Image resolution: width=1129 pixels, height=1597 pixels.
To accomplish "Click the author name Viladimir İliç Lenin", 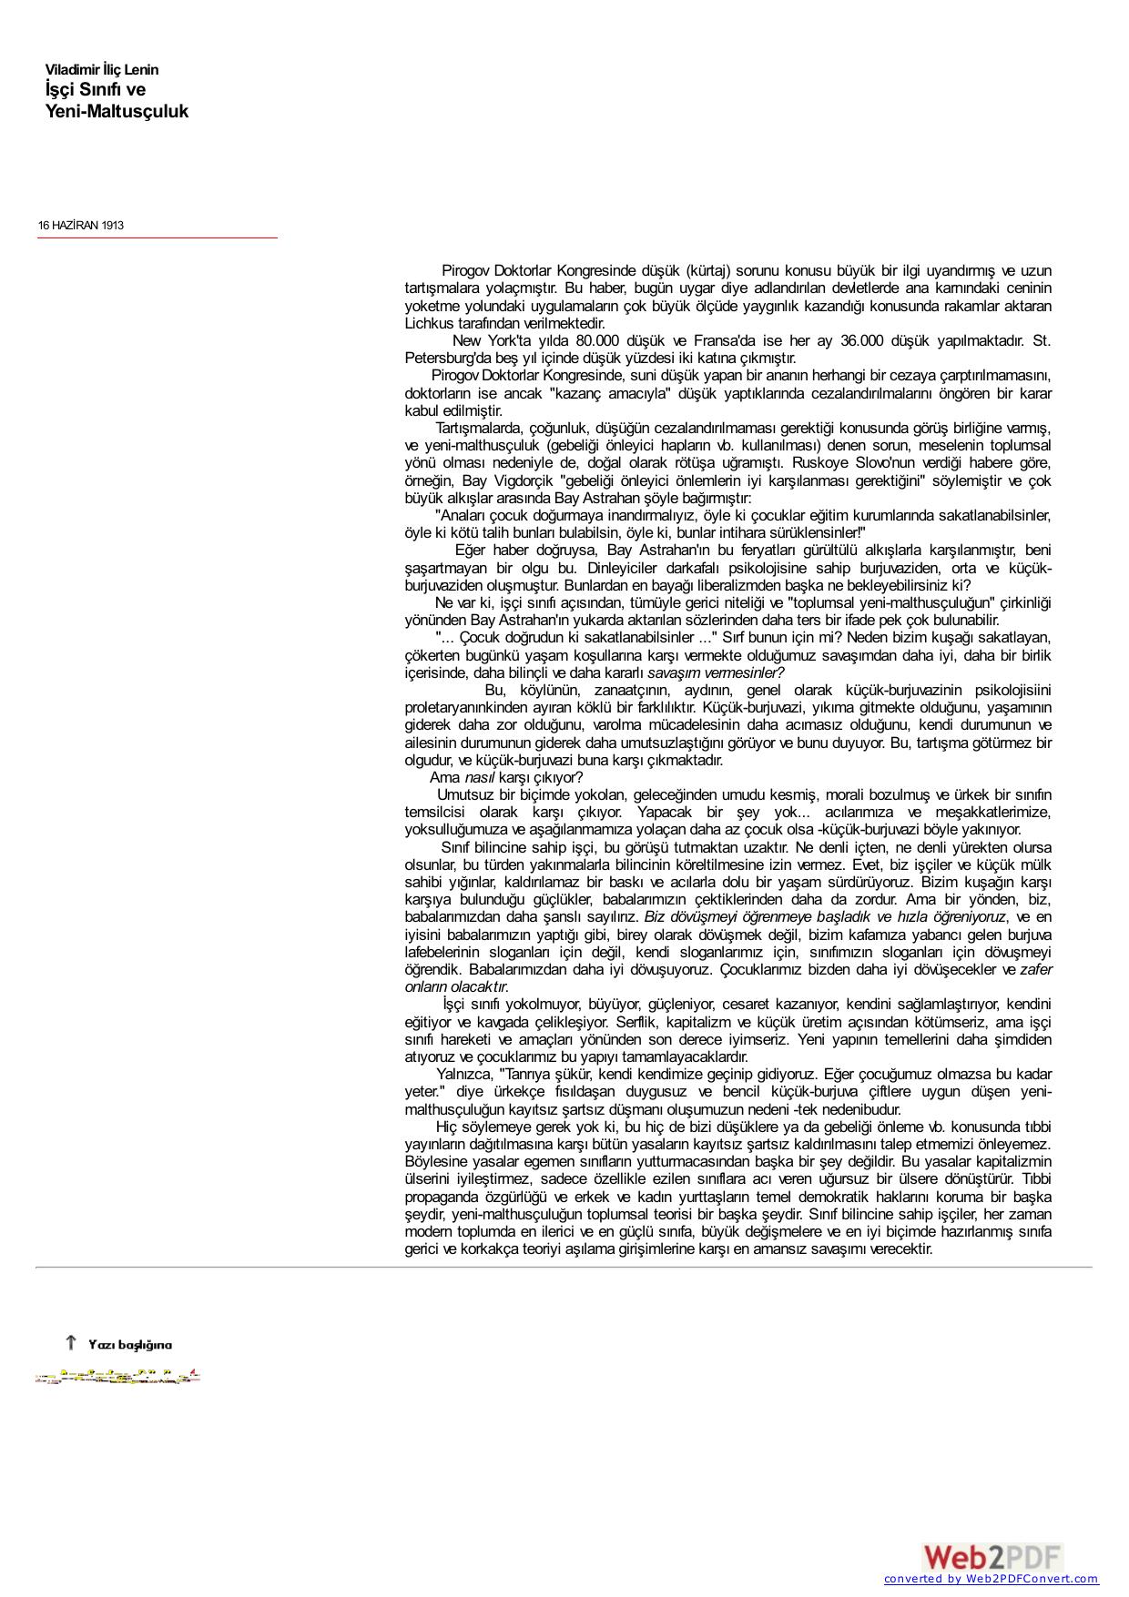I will click(x=102, y=70).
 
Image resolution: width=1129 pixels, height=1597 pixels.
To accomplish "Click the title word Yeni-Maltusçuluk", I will click(x=117, y=112).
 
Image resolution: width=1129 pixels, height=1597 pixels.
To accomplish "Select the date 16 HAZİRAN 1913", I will click(x=81, y=225).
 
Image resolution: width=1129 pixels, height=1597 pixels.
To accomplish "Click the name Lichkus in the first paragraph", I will click(x=430, y=324).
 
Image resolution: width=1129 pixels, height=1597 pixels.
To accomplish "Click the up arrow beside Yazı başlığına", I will click(x=70, y=1342).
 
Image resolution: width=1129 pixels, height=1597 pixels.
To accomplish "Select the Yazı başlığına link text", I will click(x=129, y=1345).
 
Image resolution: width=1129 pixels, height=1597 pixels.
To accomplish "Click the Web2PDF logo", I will click(x=992, y=1557).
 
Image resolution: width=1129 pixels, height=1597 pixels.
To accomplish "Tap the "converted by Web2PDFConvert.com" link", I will click(x=991, y=1580).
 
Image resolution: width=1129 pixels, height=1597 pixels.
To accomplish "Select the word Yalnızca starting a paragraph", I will click(x=465, y=1075).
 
